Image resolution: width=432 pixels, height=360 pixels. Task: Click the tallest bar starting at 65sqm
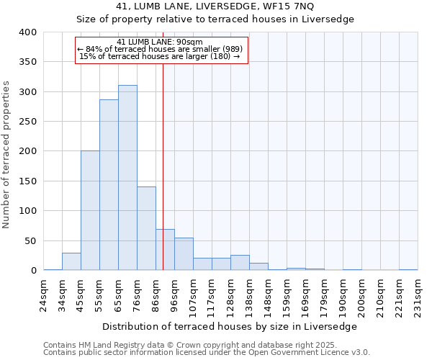click(127, 178)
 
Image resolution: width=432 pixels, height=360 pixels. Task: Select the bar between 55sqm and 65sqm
click(109, 185)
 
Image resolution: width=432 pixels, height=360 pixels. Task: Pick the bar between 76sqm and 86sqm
click(146, 228)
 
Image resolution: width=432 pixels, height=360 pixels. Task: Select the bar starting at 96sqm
click(184, 254)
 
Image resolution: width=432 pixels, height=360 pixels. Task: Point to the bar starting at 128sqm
click(240, 263)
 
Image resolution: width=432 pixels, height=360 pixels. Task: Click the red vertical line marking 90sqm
click(163, 158)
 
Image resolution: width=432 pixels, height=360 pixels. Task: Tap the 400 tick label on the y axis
click(28, 32)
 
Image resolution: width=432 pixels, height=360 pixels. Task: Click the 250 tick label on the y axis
click(28, 122)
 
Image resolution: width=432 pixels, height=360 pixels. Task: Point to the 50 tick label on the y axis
click(31, 240)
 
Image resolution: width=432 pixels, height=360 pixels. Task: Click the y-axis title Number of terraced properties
click(7, 155)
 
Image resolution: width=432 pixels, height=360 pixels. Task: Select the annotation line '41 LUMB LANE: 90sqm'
click(161, 42)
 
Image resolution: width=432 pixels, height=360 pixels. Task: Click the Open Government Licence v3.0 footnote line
click(207, 353)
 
